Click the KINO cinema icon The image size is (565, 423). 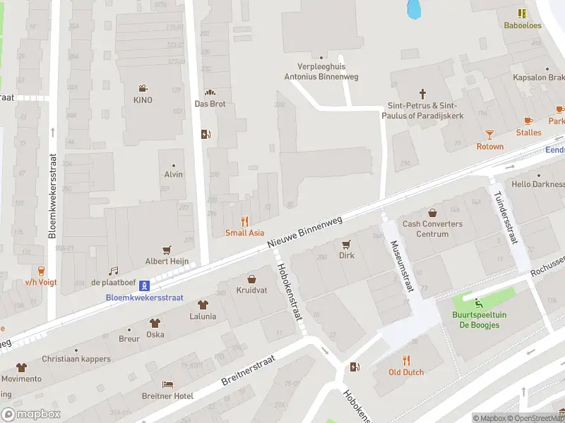(143, 89)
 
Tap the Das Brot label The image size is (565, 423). (210, 104)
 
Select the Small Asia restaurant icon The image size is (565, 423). (245, 221)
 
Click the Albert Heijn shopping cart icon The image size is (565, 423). (167, 250)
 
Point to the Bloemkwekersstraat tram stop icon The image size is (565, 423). (144, 286)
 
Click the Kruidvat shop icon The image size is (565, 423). (251, 278)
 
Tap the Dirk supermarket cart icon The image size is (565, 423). (346, 244)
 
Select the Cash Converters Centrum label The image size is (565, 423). (432, 229)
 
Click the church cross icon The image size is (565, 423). (423, 93)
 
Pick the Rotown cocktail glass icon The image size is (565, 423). (489, 135)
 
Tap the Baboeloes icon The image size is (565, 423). (522, 13)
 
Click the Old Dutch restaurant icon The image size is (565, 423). (406, 360)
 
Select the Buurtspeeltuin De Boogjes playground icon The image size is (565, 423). (480, 304)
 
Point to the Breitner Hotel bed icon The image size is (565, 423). (167, 384)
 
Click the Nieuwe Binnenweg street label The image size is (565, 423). (305, 231)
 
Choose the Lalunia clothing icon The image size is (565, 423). (203, 305)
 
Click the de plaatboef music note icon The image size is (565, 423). (113, 271)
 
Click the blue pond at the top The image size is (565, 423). (414, 8)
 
